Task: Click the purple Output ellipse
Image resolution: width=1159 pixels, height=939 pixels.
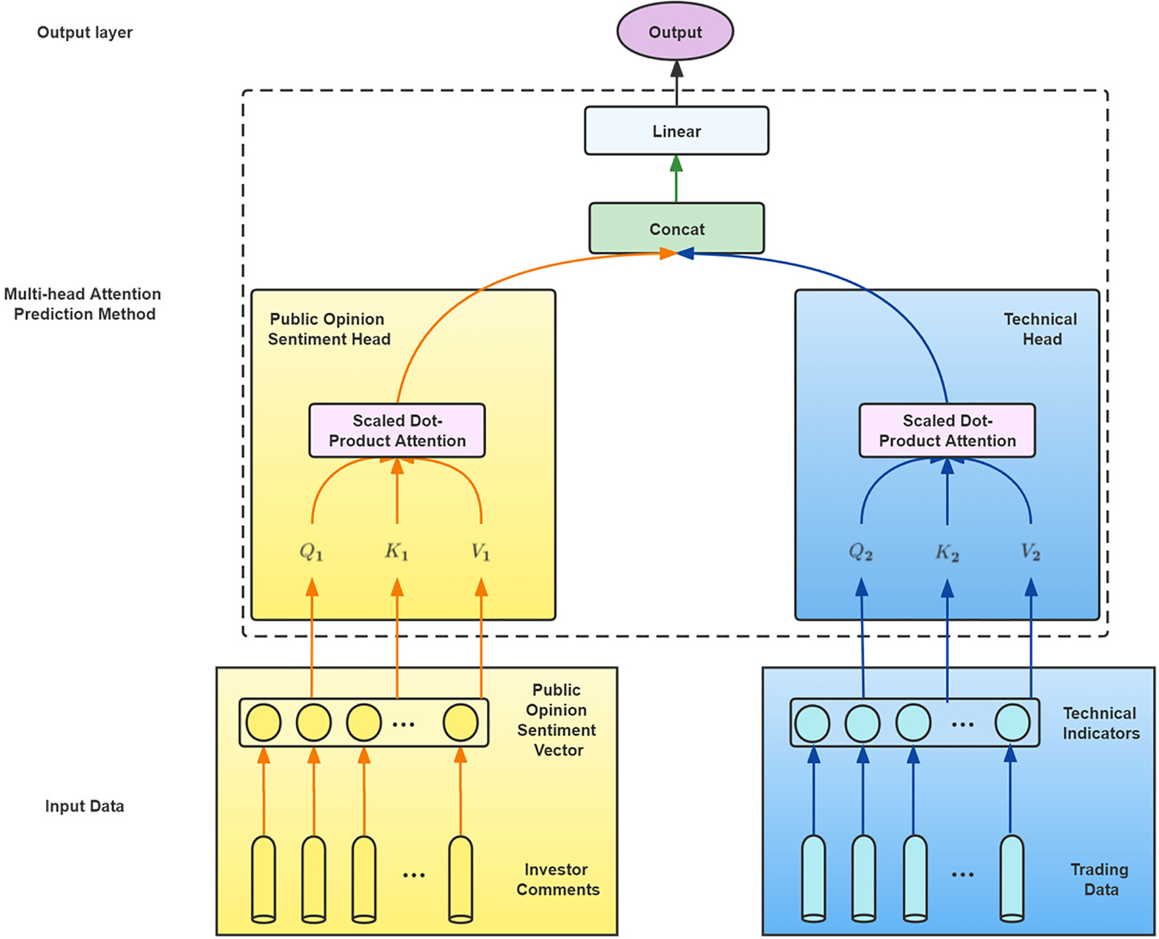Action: [x=675, y=32]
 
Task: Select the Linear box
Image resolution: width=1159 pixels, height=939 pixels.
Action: [x=676, y=131]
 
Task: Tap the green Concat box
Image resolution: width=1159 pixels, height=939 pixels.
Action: [x=676, y=229]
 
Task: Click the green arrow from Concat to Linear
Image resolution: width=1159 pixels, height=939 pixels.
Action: [x=676, y=179]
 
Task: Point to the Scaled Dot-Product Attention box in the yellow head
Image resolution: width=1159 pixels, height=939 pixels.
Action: [x=397, y=430]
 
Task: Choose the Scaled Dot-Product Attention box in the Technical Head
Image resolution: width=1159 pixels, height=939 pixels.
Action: [x=947, y=430]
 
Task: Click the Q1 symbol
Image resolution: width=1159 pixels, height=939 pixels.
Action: [x=311, y=552]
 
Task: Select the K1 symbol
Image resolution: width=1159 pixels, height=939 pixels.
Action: [x=396, y=552]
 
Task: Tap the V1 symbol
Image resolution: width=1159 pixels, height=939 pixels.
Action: [x=481, y=552]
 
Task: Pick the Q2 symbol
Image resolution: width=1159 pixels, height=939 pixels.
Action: [x=861, y=552]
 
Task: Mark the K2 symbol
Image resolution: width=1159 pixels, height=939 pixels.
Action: [x=947, y=552]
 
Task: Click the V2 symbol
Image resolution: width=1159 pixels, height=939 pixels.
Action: [x=1031, y=552]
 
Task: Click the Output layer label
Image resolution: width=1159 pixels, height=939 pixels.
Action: [x=85, y=32]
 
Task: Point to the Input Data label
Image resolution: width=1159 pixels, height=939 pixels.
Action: [x=85, y=806]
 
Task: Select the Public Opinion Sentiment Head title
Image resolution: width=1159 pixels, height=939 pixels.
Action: [x=329, y=329]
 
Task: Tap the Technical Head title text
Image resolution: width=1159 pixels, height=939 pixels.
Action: [x=1041, y=329]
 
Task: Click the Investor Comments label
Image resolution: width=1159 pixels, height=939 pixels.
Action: [x=558, y=879]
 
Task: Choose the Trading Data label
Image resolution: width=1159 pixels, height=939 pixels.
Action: [x=1100, y=879]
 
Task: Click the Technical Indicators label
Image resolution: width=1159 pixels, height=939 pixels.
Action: [x=1101, y=723]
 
